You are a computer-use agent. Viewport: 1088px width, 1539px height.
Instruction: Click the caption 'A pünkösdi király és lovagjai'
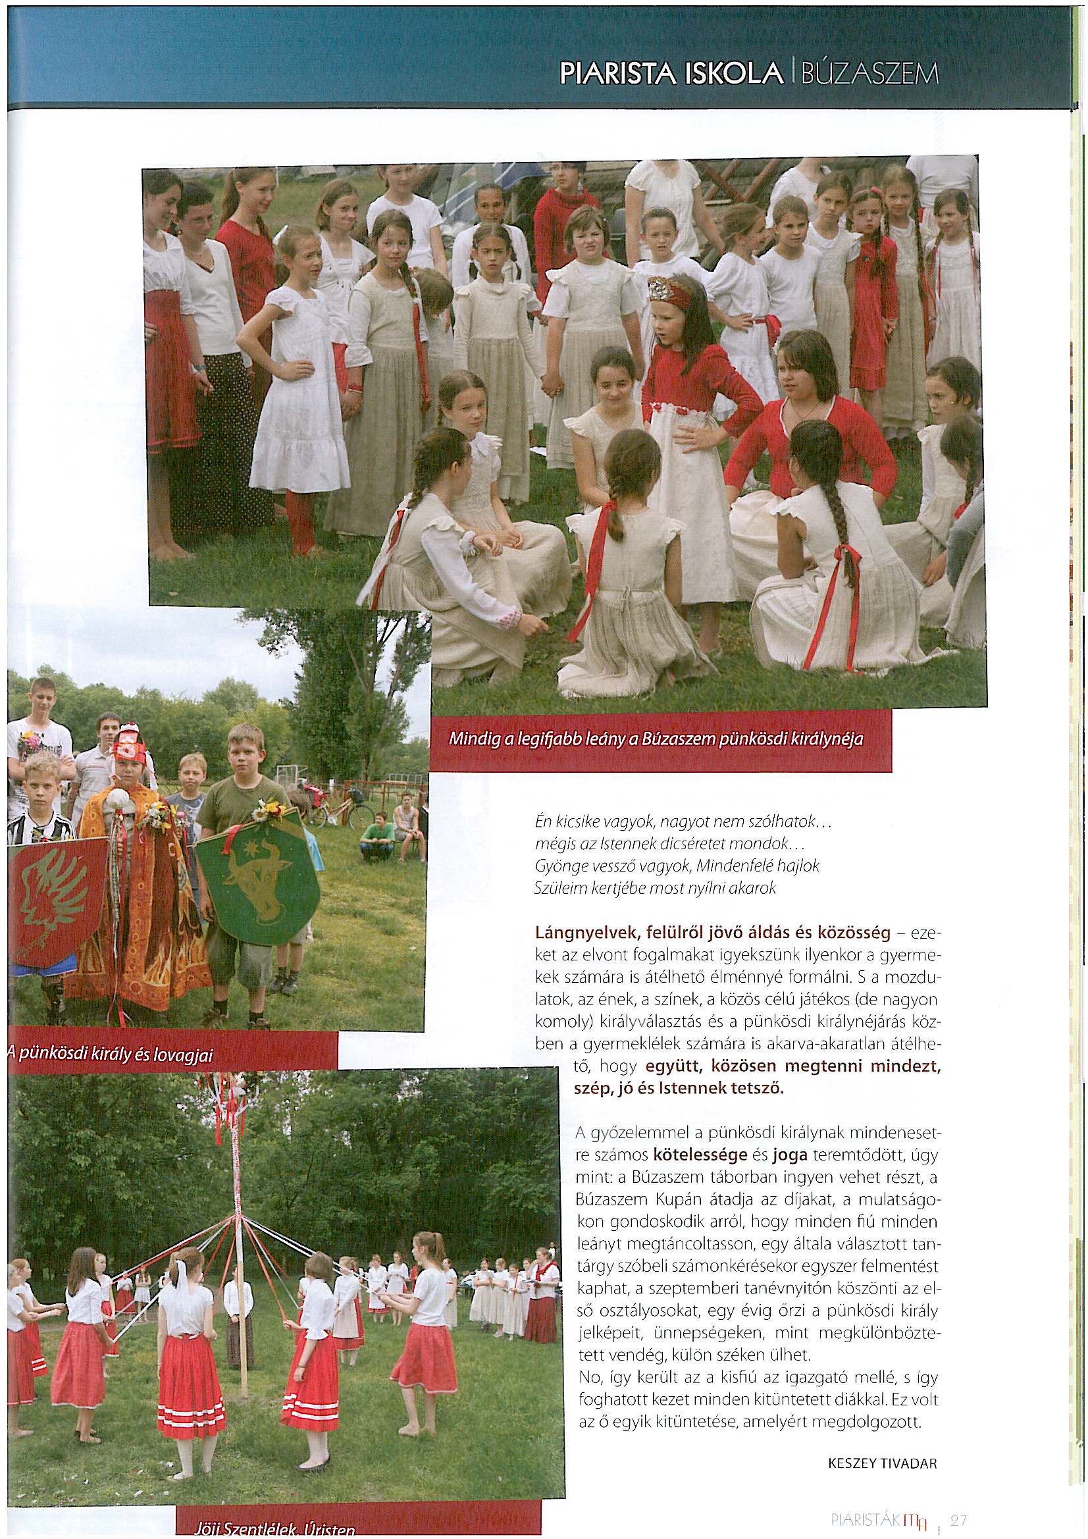(x=111, y=1056)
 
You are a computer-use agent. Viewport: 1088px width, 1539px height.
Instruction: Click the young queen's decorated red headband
(x=673, y=293)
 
